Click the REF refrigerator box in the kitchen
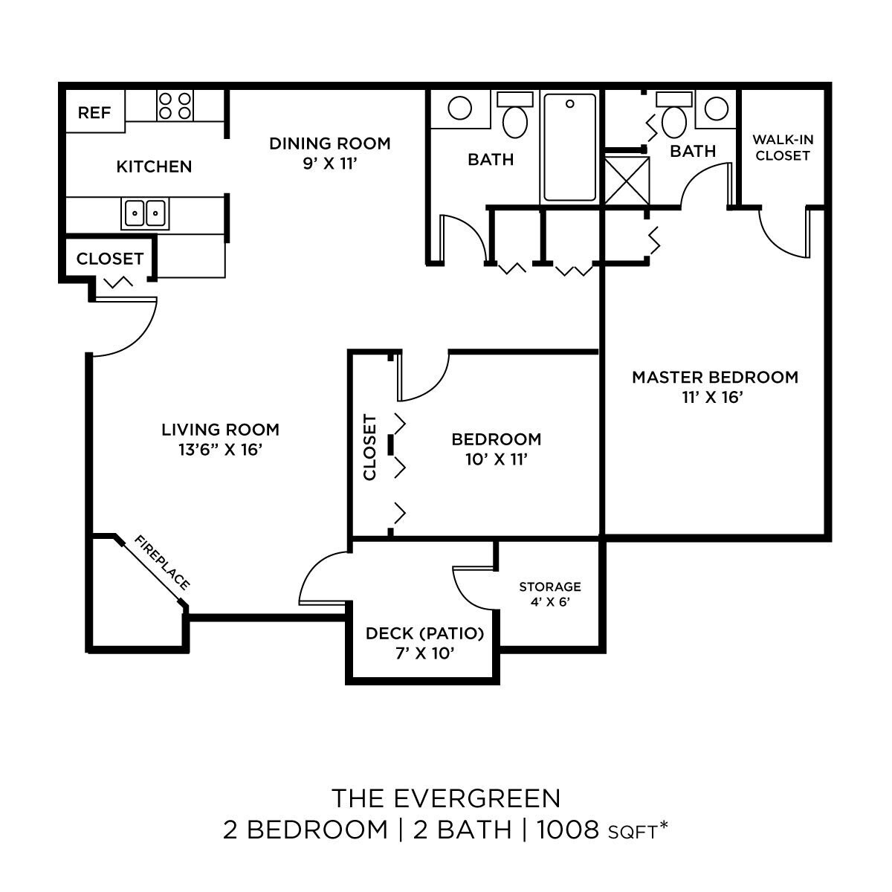[x=95, y=112]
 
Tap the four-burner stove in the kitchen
[x=175, y=105]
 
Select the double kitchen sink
[x=144, y=214]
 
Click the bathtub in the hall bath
[x=569, y=147]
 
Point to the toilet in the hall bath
[x=514, y=117]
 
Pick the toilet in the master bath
[x=674, y=118]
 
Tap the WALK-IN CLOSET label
[x=781, y=147]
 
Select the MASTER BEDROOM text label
[x=714, y=377]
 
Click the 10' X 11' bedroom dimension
[x=496, y=459]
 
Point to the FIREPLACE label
[x=162, y=562]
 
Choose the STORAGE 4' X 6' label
[x=549, y=594]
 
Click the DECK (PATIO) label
[x=424, y=633]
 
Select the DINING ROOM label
[x=329, y=143]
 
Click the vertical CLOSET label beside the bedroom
[x=370, y=447]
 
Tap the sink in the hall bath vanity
[x=459, y=109]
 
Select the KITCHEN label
[x=154, y=167]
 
